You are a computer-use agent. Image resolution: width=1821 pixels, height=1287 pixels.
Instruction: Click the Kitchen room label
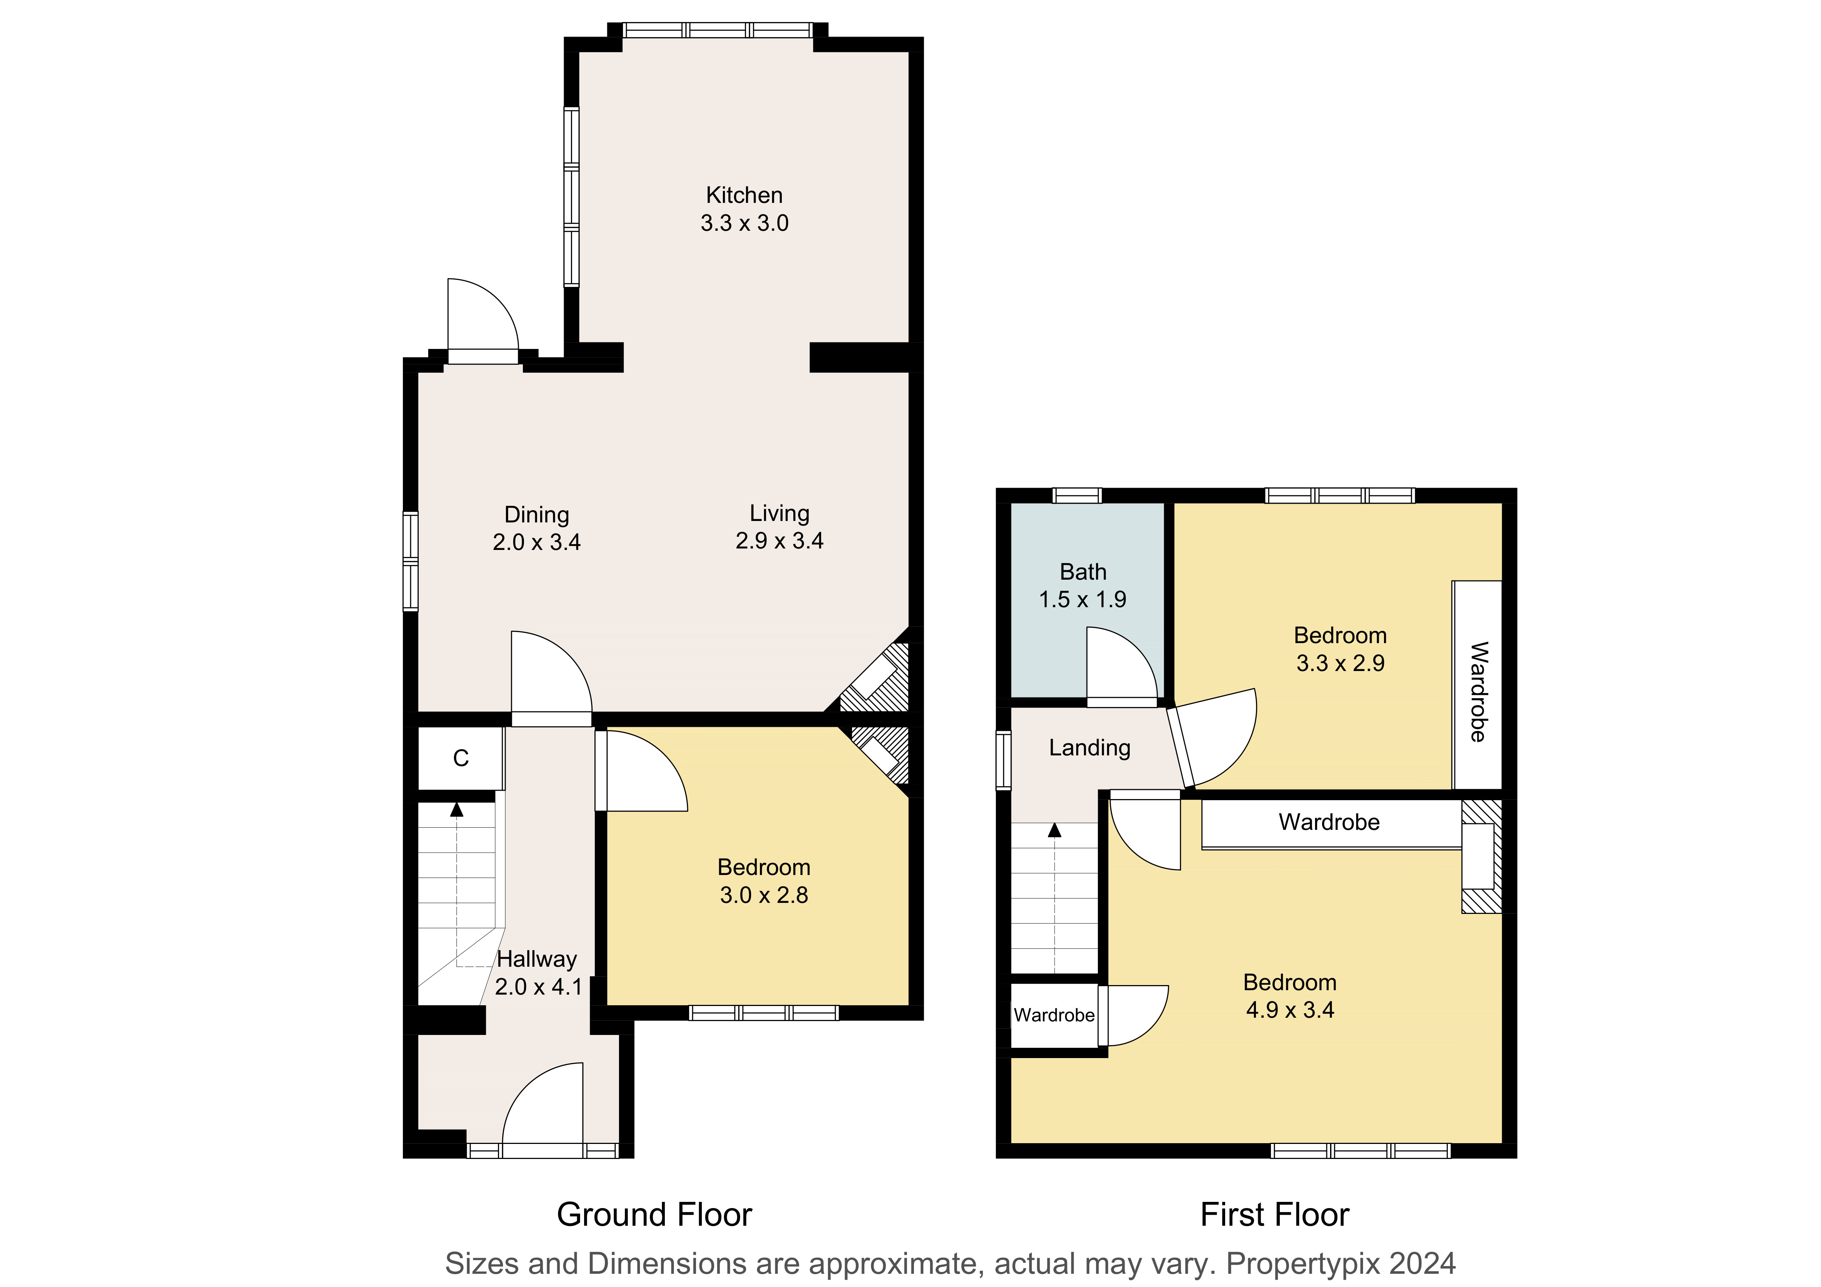744,195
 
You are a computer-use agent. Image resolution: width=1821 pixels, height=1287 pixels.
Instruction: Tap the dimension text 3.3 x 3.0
744,223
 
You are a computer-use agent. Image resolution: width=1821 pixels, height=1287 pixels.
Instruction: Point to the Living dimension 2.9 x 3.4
780,541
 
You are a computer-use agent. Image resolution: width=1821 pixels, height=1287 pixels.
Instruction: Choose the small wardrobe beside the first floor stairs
1054,1015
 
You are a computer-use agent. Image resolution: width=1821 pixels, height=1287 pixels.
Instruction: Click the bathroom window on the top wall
1077,496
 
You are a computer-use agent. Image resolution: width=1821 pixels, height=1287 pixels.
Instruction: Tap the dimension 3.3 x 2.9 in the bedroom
1340,663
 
